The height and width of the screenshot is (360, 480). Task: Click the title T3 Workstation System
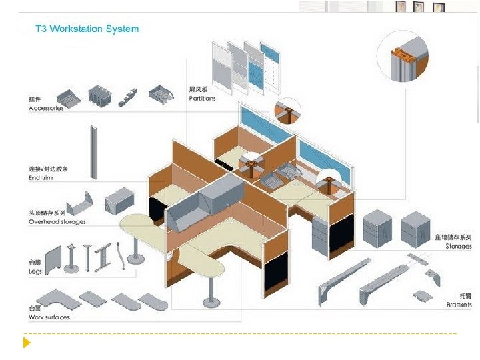[x=87, y=29]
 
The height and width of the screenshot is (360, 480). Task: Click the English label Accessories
[x=46, y=108]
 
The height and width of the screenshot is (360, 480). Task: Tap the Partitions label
[x=202, y=98]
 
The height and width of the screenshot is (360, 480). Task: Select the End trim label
[x=41, y=178]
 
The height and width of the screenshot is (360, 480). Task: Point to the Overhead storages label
[x=57, y=221]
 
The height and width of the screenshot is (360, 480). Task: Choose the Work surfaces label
[x=49, y=317]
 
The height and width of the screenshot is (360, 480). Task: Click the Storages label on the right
[x=459, y=247]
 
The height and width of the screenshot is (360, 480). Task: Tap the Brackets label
[x=459, y=305]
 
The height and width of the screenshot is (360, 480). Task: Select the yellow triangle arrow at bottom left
[x=27, y=343]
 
